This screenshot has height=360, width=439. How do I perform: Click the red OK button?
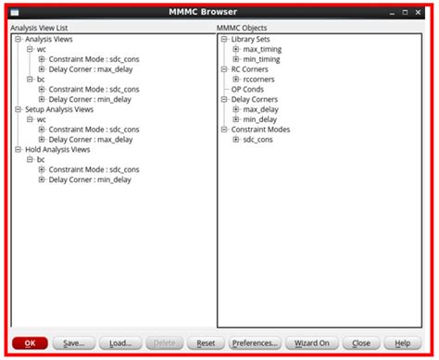coord(30,342)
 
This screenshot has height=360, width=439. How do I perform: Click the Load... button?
coord(120,342)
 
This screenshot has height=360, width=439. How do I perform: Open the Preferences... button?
coord(254,342)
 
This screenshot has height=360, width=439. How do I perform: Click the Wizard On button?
coord(312,342)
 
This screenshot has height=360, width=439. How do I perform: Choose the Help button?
coord(402,342)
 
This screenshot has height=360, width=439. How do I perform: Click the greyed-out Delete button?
coord(165,342)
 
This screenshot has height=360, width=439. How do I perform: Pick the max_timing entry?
coord(263,49)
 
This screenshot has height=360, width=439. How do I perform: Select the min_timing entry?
coord(262,59)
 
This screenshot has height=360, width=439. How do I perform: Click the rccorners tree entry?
coord(259,80)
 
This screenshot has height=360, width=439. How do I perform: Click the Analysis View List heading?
coord(45,29)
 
